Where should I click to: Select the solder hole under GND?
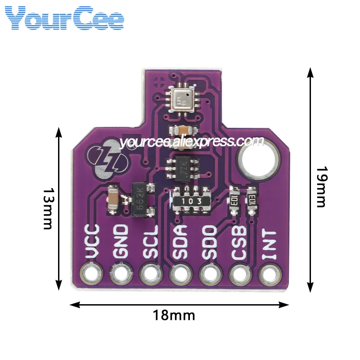(120, 273)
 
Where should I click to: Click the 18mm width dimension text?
(174, 315)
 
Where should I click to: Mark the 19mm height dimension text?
(320, 187)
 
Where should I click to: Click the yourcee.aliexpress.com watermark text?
(192, 142)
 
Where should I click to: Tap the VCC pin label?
(92, 243)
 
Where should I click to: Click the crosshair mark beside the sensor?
(158, 82)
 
